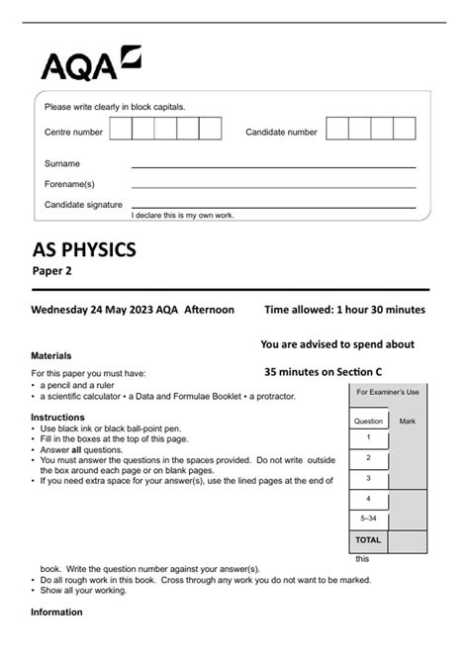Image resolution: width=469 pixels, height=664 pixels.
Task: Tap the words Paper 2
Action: (x=51, y=270)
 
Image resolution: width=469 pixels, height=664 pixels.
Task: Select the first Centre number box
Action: (x=120, y=129)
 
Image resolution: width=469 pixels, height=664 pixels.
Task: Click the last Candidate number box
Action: (x=405, y=129)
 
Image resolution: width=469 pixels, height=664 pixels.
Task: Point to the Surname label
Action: (x=61, y=163)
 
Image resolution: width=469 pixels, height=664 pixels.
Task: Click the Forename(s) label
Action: (x=69, y=184)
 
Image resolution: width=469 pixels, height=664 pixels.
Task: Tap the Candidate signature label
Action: (x=83, y=204)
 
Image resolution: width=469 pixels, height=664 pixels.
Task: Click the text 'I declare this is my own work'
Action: (x=183, y=215)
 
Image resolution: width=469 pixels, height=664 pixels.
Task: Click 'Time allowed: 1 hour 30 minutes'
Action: (x=344, y=310)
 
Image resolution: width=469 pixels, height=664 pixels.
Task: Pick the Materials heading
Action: (x=51, y=354)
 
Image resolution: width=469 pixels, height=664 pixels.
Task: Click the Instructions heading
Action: (x=57, y=418)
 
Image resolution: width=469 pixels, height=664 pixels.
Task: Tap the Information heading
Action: (x=56, y=613)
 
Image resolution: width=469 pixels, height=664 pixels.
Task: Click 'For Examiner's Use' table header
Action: (x=388, y=393)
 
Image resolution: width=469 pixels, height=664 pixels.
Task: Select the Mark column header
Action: (x=408, y=421)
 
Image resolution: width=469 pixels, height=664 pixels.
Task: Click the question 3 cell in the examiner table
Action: (x=368, y=478)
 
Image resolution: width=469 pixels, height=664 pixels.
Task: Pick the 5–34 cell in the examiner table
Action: (x=368, y=519)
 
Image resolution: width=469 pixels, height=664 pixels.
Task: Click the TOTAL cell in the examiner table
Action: (x=368, y=540)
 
